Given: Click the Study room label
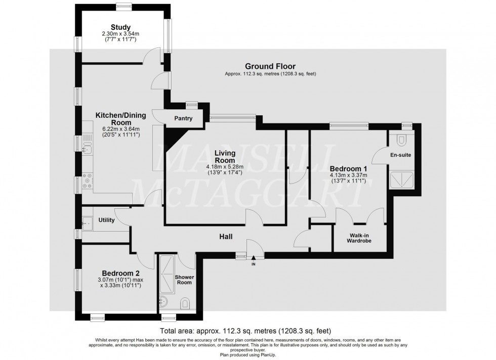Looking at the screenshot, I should click(x=121, y=27).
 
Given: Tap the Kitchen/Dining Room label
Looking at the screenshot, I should click(x=121, y=119).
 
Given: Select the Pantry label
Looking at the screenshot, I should click(x=183, y=118).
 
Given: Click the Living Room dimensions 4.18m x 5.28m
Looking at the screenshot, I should click(x=225, y=167).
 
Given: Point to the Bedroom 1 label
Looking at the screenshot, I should click(x=348, y=168).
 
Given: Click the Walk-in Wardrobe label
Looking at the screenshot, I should click(x=360, y=238).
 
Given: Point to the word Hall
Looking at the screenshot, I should click(x=226, y=236).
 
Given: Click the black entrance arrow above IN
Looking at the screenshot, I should click(x=254, y=258).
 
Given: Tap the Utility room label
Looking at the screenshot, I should click(x=107, y=220).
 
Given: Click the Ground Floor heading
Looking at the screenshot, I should click(x=270, y=66).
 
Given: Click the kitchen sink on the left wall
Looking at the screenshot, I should click(x=87, y=146).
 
